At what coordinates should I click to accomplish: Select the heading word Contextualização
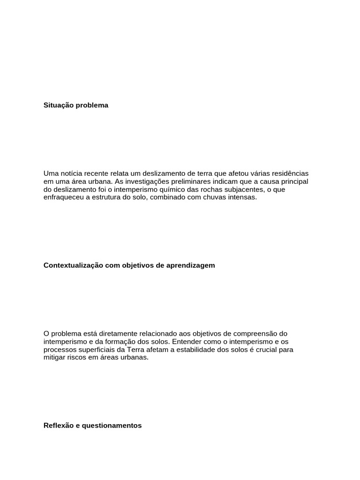(70, 265)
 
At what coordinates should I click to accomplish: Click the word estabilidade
(193, 349)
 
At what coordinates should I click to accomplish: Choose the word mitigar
(54, 357)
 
